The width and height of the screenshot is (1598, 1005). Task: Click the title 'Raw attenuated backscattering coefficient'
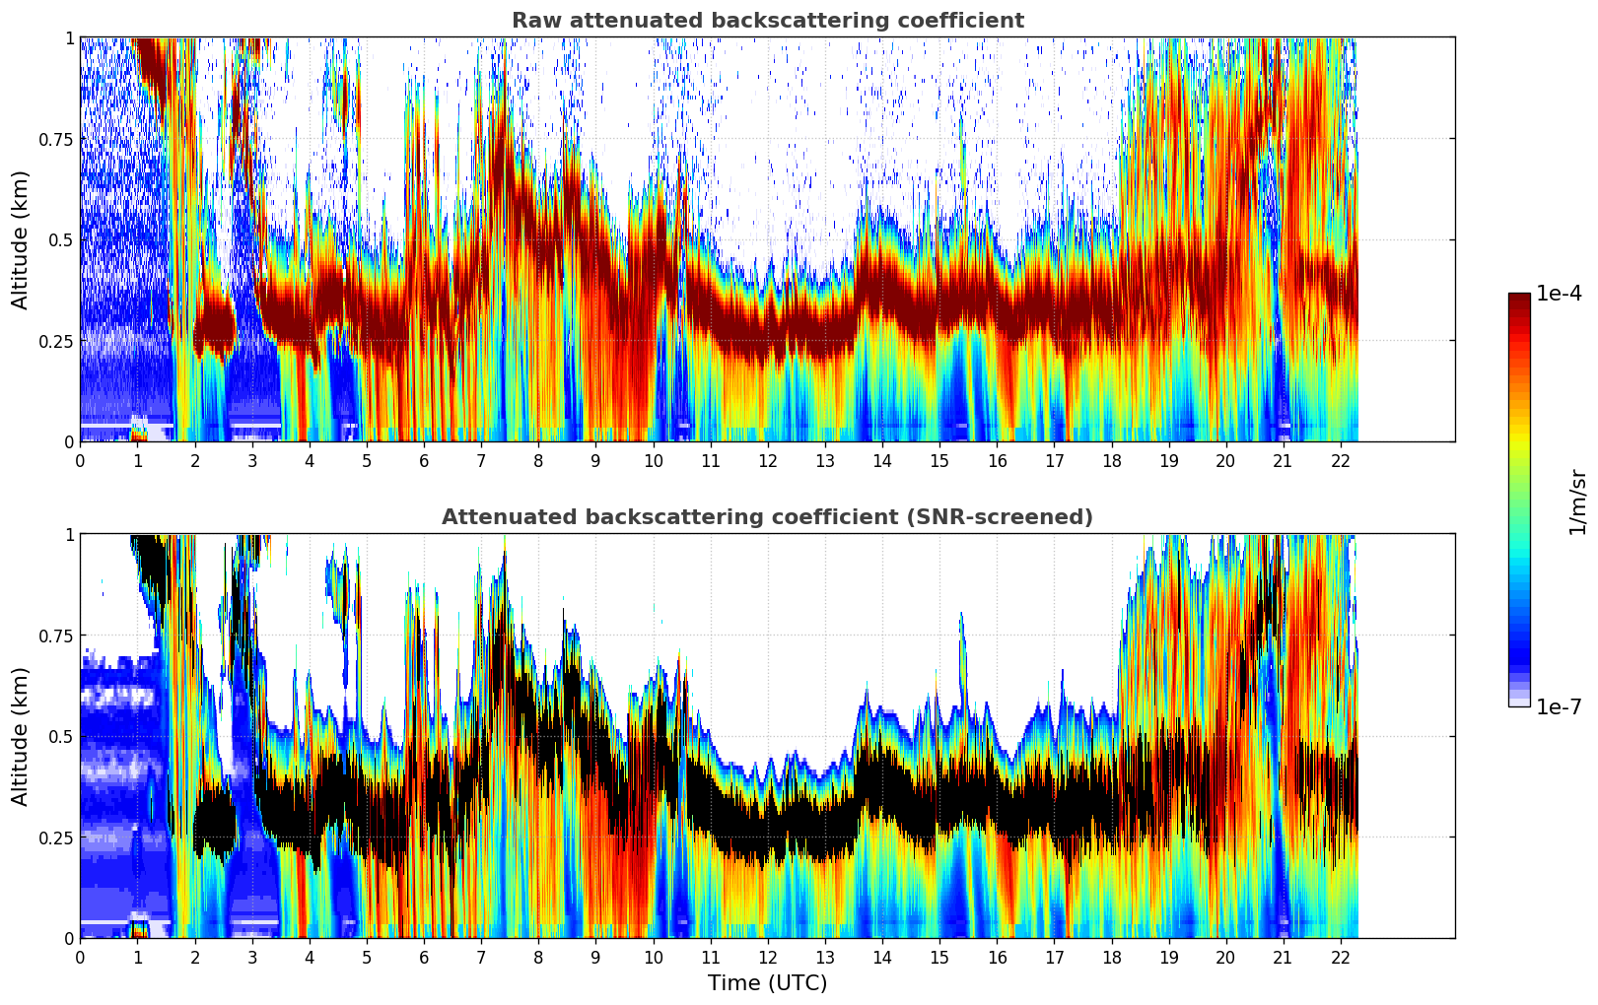click(x=767, y=21)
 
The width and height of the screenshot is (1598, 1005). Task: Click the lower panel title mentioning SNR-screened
click(x=767, y=517)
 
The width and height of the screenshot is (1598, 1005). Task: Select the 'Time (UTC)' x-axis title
click(x=767, y=983)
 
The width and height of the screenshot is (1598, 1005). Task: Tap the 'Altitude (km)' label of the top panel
click(x=21, y=239)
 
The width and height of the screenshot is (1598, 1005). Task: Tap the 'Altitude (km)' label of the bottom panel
click(x=21, y=736)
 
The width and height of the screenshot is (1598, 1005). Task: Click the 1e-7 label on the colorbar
click(x=1559, y=706)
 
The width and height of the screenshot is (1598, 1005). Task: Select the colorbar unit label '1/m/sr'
click(x=1577, y=502)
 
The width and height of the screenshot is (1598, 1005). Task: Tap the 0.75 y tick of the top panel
click(x=56, y=139)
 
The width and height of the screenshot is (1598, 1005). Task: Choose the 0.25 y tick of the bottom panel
click(x=56, y=837)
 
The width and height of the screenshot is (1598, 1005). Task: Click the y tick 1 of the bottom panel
click(x=69, y=535)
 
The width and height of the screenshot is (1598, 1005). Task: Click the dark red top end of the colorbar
click(x=1518, y=297)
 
